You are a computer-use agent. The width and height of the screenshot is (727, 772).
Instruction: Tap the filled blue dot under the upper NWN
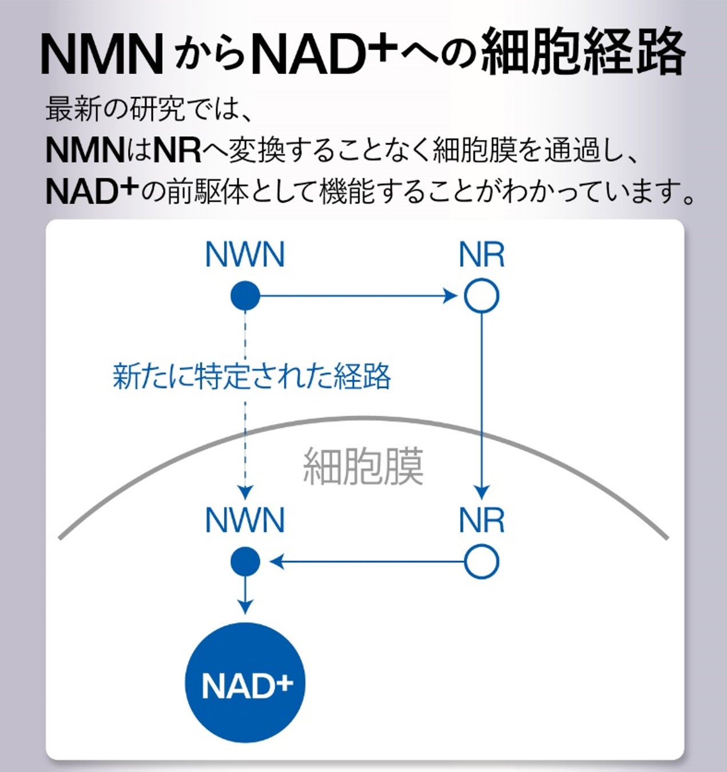tap(245, 296)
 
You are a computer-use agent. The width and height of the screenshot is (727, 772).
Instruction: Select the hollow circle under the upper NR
tap(481, 296)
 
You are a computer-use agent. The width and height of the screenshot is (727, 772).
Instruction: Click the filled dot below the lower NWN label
tap(245, 562)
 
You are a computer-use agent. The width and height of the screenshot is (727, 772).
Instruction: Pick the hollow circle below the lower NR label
tap(481, 562)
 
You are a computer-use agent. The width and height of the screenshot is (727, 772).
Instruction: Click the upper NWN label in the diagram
tap(245, 255)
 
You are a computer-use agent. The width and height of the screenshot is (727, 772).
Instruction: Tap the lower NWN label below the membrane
tap(245, 520)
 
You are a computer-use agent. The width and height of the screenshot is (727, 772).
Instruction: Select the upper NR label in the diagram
tap(481, 255)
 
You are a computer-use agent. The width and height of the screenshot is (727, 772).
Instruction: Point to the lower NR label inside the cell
tap(481, 520)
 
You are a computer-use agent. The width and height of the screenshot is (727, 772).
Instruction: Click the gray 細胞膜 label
tap(363, 467)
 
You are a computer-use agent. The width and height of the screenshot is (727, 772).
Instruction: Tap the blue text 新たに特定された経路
tap(252, 376)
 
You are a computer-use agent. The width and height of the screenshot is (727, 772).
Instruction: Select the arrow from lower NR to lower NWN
tap(366, 562)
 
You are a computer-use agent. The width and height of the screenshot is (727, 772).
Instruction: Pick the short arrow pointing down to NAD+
tap(245, 595)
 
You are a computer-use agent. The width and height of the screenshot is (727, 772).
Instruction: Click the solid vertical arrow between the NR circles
tap(482, 400)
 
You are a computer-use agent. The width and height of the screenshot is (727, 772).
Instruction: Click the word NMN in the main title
tap(102, 55)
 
